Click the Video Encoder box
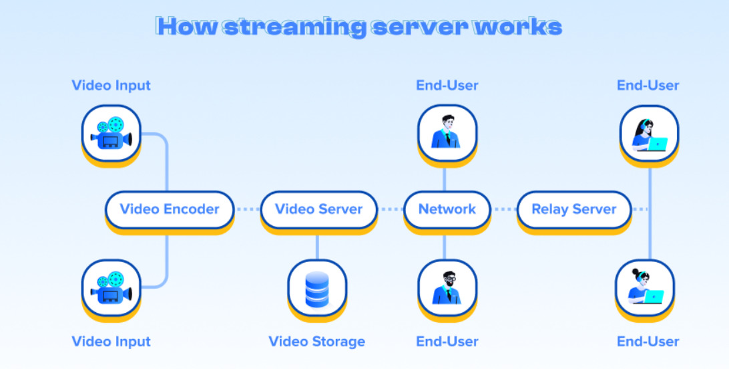[x=170, y=209]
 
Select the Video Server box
[x=318, y=209]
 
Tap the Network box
[x=447, y=209]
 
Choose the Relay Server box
[x=573, y=209]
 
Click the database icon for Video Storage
[x=317, y=288]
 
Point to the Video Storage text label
[x=317, y=342]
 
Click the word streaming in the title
[x=294, y=27]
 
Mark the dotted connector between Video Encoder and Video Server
[x=247, y=209]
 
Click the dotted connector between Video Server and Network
[x=390, y=209]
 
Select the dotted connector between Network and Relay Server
[x=504, y=209]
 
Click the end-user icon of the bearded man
[x=447, y=288]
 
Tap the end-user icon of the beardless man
[x=447, y=133]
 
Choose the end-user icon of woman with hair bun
[x=645, y=288]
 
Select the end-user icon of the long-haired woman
[x=649, y=133]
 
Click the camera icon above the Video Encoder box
[x=111, y=133]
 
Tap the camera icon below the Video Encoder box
[x=111, y=288]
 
